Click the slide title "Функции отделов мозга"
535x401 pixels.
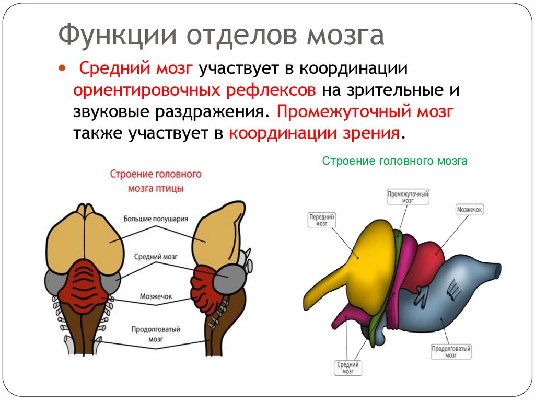[221, 36]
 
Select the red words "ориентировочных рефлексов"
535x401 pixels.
[194, 90]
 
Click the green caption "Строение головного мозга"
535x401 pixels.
[394, 162]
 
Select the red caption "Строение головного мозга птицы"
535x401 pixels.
[156, 180]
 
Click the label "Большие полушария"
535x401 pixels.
[156, 219]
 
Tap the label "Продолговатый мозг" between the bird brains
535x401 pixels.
[156, 334]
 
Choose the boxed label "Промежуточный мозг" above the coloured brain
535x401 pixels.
[408, 197]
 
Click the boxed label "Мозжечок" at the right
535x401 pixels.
[469, 210]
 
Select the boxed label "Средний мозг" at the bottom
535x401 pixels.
[347, 368]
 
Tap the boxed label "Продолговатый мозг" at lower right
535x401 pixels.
[451, 352]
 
